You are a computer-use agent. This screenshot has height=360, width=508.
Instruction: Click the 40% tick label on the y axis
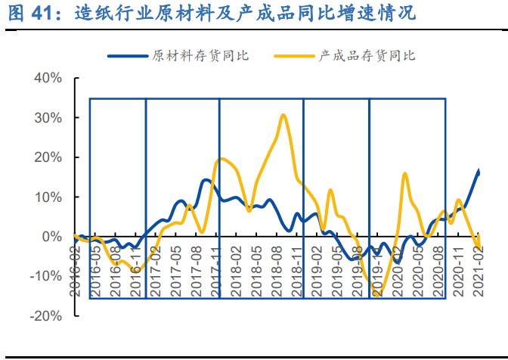[47, 79]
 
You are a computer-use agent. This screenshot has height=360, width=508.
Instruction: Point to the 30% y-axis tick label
[47, 118]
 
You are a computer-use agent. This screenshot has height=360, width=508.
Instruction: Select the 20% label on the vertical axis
[47, 157]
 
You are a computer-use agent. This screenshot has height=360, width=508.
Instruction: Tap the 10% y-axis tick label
[47, 197]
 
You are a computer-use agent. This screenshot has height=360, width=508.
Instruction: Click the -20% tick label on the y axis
[45, 315]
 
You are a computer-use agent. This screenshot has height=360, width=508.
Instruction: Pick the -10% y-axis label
[45, 276]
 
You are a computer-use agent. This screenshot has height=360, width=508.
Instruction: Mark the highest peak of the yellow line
[283, 115]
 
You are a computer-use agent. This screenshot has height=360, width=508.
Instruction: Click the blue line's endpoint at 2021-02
[479, 172]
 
